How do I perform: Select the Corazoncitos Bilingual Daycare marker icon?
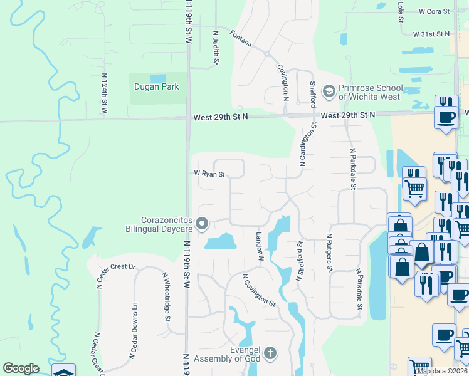(x=202, y=224)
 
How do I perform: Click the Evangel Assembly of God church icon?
(x=270, y=353)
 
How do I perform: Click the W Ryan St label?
(x=209, y=175)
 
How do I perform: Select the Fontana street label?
(x=241, y=39)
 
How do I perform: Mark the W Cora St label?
(x=435, y=11)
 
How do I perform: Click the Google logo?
(x=21, y=368)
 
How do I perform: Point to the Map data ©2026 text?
(x=443, y=371)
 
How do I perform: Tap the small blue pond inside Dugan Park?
(x=158, y=78)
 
